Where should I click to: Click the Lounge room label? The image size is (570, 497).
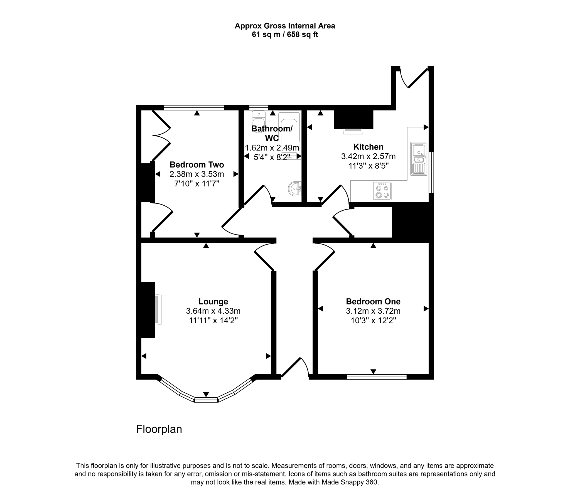[x=213, y=301]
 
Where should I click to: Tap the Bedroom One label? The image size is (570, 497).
[x=373, y=301]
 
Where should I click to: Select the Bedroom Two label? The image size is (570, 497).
[x=197, y=165]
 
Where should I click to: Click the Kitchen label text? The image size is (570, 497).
[x=368, y=147]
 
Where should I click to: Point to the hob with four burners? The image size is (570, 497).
[x=382, y=191]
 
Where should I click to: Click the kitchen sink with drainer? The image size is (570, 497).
[x=419, y=159]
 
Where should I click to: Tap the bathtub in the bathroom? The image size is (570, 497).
[x=289, y=135]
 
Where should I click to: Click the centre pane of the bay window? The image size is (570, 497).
[x=206, y=400]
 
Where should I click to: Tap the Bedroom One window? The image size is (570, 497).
[x=377, y=377]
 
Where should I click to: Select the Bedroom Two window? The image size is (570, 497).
[x=194, y=107]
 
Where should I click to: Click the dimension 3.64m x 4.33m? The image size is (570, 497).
[x=213, y=311]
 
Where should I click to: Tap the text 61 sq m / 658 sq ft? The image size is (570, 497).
[x=285, y=35]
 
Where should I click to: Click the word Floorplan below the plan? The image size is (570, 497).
[x=159, y=429]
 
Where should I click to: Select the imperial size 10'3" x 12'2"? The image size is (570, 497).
[x=373, y=321]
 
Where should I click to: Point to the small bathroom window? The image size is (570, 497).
[x=259, y=107]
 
